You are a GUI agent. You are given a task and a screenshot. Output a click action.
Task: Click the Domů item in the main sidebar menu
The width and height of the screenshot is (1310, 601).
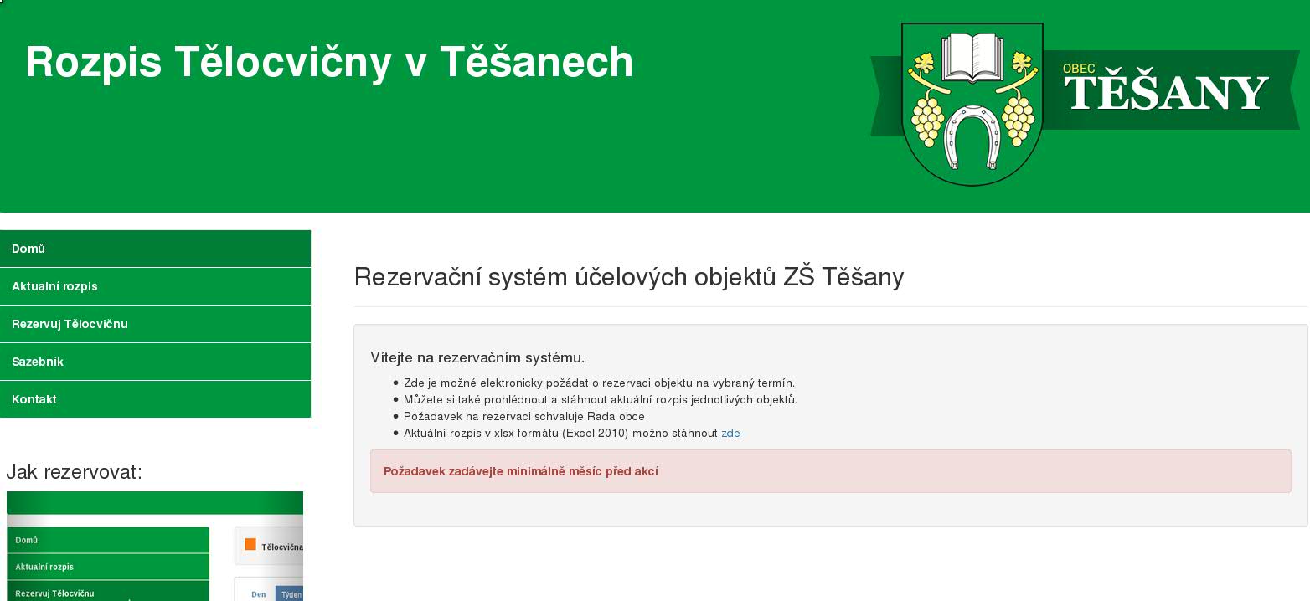pyautogui.click(x=155, y=249)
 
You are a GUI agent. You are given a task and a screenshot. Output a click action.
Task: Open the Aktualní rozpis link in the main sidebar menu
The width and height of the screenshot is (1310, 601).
pyautogui.click(x=155, y=286)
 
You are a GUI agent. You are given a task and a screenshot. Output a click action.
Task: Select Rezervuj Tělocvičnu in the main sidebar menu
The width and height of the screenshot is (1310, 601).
pyautogui.click(x=155, y=324)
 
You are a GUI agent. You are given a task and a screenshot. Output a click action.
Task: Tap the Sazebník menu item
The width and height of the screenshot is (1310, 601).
pyautogui.click(x=155, y=362)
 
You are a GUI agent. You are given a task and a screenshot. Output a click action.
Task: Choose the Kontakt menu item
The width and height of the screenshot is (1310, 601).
pyautogui.click(x=155, y=399)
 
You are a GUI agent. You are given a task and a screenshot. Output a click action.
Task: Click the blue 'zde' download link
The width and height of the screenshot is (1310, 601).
pyautogui.click(x=730, y=434)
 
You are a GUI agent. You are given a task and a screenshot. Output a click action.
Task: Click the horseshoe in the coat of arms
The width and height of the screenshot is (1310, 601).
pyautogui.click(x=972, y=137)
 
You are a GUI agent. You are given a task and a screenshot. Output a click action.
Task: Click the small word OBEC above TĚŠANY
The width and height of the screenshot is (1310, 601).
pyautogui.click(x=1079, y=69)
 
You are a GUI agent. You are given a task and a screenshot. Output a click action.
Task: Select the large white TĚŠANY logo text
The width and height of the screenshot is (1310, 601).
pyautogui.click(x=1166, y=92)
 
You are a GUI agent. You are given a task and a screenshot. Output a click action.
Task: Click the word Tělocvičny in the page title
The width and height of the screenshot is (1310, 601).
pyautogui.click(x=283, y=63)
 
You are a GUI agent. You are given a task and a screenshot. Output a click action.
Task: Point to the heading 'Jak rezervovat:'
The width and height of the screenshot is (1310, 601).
pyautogui.click(x=75, y=472)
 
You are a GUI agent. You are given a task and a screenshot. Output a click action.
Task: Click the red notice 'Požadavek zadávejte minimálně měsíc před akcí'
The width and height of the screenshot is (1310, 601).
pyautogui.click(x=520, y=471)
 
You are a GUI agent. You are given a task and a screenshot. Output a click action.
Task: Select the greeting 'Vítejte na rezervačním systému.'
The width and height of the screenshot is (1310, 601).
pyautogui.click(x=477, y=357)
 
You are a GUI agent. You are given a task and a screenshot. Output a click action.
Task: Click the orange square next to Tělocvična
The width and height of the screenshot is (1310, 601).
pyautogui.click(x=250, y=544)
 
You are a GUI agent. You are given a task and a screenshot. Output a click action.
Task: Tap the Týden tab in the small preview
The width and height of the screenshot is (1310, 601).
pyautogui.click(x=291, y=594)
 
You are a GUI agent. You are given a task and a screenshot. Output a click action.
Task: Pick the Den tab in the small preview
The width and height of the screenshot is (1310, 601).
pyautogui.click(x=259, y=594)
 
